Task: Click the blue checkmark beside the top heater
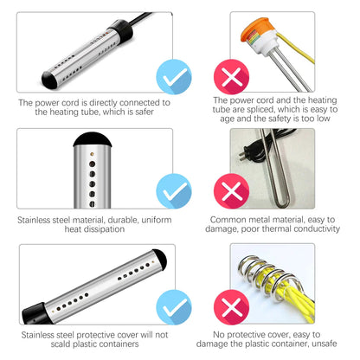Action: tap(174, 77)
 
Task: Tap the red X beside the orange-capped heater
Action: tap(231, 77)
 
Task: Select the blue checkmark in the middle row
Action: tap(174, 191)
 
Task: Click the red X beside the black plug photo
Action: tap(231, 191)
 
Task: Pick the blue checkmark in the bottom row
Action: tap(174, 307)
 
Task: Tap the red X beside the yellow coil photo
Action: tap(231, 307)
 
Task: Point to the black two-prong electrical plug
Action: tap(245, 153)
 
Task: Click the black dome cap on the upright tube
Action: tap(93, 139)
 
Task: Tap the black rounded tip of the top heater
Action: tap(49, 79)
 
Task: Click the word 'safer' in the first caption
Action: tap(144, 112)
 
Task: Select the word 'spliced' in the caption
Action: tap(259, 110)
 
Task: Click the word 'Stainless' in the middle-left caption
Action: tap(34, 220)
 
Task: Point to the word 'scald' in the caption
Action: tap(61, 344)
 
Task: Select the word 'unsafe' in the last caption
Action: tap(325, 344)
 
